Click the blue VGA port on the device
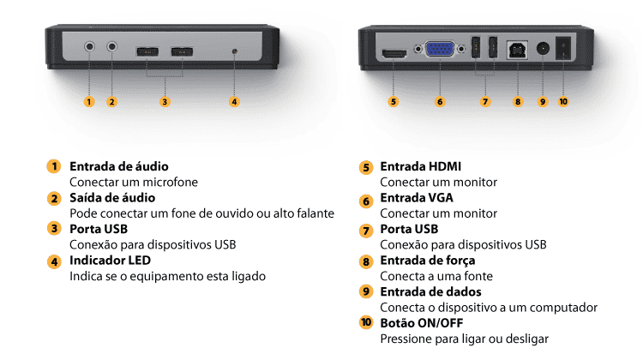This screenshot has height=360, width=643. pyautogui.click(x=440, y=51)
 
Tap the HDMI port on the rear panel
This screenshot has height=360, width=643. pyautogui.click(x=394, y=54)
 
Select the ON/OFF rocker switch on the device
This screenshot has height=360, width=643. pyautogui.click(x=563, y=49)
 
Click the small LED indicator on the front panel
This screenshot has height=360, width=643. pyautogui.click(x=235, y=52)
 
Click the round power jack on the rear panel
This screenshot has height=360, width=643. pyautogui.click(x=542, y=50)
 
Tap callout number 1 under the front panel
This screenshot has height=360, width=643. pyautogui.click(x=88, y=101)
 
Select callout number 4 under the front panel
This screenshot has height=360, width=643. pyautogui.click(x=235, y=101)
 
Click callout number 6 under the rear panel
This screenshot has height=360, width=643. pyautogui.click(x=440, y=101)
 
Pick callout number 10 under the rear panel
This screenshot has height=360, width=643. pyautogui.click(x=563, y=101)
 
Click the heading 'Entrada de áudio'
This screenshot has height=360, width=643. pyautogui.click(x=118, y=166)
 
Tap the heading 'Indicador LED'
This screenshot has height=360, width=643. pyautogui.click(x=112, y=261)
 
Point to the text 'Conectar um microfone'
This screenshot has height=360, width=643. pyautogui.click(x=133, y=182)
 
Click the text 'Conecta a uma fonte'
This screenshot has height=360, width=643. pyautogui.click(x=436, y=276)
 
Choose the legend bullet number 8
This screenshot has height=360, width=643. pyautogui.click(x=366, y=261)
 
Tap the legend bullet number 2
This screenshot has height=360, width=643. pyautogui.click(x=55, y=198)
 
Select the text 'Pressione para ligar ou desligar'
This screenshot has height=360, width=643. pyautogui.click(x=464, y=339)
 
